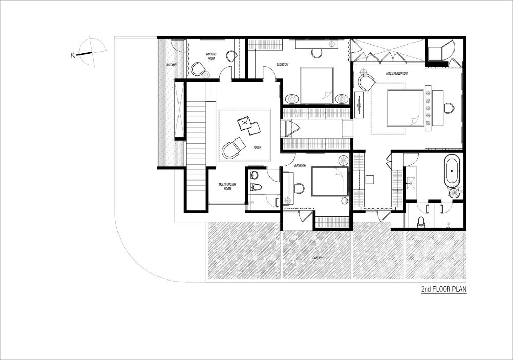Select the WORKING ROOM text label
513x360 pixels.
pos(211,56)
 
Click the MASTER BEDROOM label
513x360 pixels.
pos(399,74)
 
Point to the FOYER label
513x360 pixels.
pos(257,148)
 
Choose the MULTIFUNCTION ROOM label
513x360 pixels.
pos(226,186)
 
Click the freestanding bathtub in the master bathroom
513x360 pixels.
pos(452,171)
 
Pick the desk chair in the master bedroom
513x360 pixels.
pos(449,108)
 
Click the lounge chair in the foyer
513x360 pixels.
pos(231,149)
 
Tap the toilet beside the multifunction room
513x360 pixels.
pos(256,187)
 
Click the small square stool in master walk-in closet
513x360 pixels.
pos(370,179)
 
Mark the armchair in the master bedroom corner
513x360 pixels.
pos(367,82)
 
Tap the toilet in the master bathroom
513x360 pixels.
pos(421,222)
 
